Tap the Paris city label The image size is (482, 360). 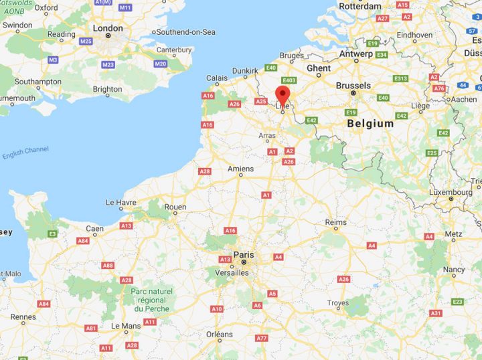pyautogui.click(x=244, y=254)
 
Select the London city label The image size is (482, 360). pyautogui.click(x=108, y=28)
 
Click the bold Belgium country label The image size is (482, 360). pyautogui.click(x=370, y=124)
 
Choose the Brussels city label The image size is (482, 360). pyautogui.click(x=353, y=86)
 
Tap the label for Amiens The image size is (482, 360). pyautogui.click(x=241, y=169)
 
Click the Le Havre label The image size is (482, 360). pyautogui.click(x=120, y=202)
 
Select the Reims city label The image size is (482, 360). pyautogui.click(x=336, y=221)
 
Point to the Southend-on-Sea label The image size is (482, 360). pyautogui.click(x=185, y=31)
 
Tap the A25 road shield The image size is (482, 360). pyautogui.click(x=261, y=102)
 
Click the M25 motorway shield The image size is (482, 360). pyautogui.click(x=86, y=41)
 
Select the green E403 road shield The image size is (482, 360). pyautogui.click(x=289, y=81)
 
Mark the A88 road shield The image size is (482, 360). pyautogui.click(x=108, y=266)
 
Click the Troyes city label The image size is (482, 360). pyautogui.click(x=337, y=303)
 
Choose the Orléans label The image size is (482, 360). pyautogui.click(x=220, y=334)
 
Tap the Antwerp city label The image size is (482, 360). pyautogui.click(x=356, y=54)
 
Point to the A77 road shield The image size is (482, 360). pyautogui.click(x=262, y=338)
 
